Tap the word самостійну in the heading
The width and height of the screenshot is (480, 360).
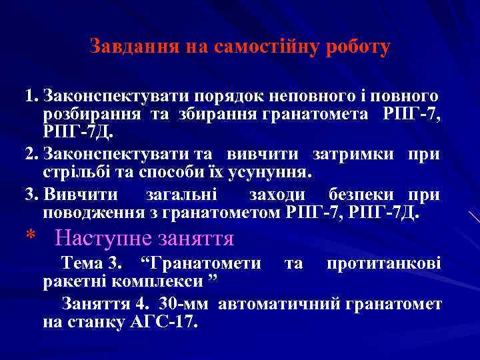(265, 47)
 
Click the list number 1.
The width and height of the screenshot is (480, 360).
(29, 97)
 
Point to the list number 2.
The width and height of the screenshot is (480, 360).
(29, 155)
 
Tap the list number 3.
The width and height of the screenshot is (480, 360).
(29, 195)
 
